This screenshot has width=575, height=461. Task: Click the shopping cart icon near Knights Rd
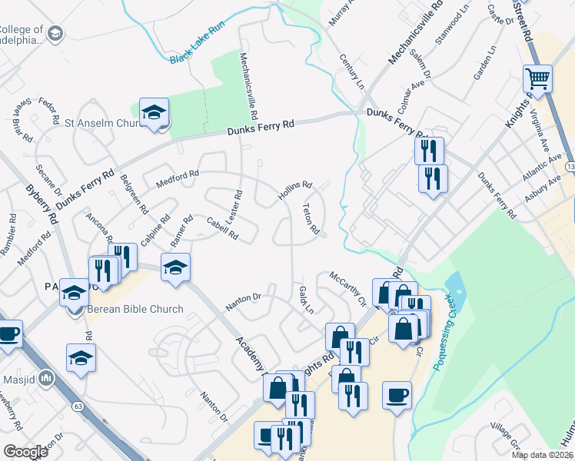(537, 78)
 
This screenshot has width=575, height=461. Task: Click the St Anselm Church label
(101, 121)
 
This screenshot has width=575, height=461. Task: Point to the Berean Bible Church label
(135, 309)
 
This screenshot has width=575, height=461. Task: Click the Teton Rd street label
(311, 218)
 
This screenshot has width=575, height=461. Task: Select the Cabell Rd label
(222, 227)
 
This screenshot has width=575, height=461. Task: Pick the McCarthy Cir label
(347, 286)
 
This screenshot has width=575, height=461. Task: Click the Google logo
(25, 452)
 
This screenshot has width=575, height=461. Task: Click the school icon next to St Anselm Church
(154, 112)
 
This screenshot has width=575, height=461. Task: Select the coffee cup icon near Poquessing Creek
(397, 395)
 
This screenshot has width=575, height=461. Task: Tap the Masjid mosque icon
(46, 377)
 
